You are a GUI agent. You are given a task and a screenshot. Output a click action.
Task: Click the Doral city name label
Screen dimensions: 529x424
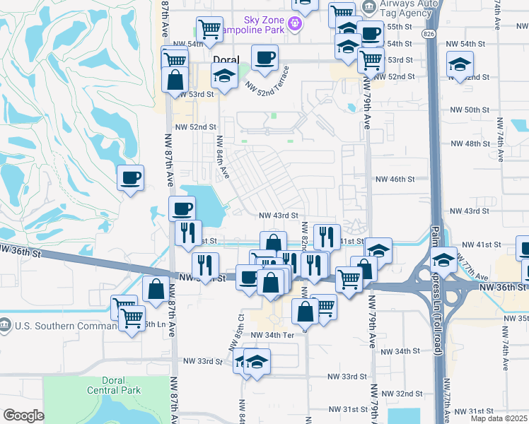[x=226, y=59]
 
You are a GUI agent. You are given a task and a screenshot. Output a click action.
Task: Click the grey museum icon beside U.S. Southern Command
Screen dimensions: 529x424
[x=6, y=326]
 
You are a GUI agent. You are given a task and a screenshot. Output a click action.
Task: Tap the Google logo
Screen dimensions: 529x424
[x=23, y=415]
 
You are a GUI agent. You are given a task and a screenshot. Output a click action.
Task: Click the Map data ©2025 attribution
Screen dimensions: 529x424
[x=496, y=418]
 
